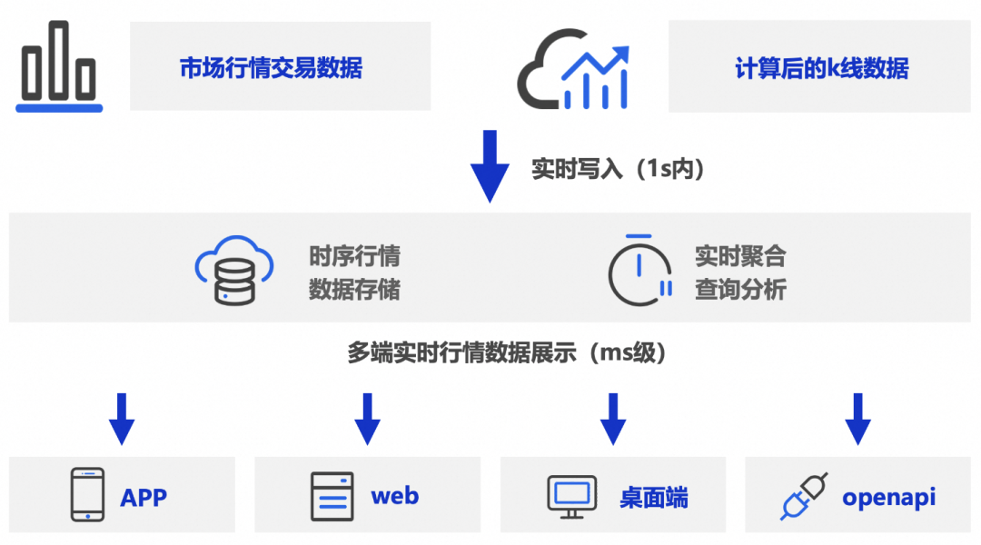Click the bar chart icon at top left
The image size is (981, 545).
click(59, 66)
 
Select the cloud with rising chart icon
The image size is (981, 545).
click(574, 69)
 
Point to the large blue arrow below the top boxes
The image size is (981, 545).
click(490, 166)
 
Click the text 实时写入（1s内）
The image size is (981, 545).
click(618, 169)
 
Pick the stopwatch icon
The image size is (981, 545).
click(639, 270)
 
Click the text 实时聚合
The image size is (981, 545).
click(740, 255)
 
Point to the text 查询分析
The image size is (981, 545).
click(740, 290)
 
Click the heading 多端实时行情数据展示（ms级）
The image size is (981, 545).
click(507, 352)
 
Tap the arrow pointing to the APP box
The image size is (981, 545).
click(122, 419)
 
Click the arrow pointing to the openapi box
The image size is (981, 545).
click(857, 419)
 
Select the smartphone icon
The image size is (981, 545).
click(88, 495)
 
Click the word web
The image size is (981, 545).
click(394, 496)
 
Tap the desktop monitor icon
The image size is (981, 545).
click(572, 496)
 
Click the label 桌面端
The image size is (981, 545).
click(654, 498)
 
